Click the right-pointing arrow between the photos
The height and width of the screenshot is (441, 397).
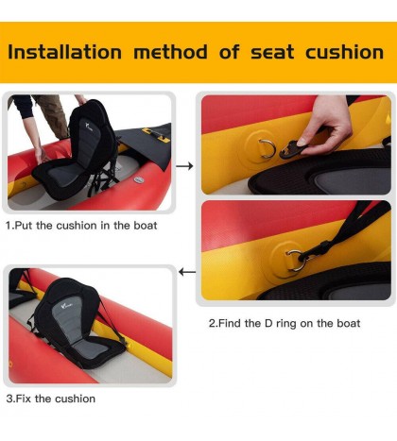point(184,166)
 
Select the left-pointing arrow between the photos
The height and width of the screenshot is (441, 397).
point(186,272)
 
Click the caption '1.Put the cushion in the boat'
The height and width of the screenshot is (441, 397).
point(81,226)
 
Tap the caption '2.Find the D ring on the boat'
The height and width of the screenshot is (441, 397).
point(284,323)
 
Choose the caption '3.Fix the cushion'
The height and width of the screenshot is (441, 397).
point(50,399)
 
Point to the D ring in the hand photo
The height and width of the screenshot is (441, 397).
point(265,147)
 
